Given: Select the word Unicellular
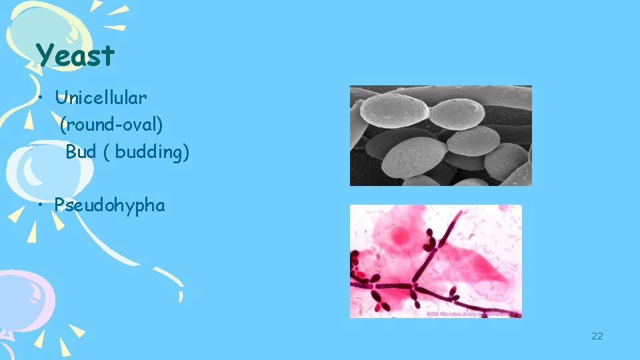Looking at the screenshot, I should [x=101, y=98].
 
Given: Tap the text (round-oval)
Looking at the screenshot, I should [x=111, y=125].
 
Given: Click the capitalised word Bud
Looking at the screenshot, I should [x=81, y=152].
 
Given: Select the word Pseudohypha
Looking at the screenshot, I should [x=110, y=205].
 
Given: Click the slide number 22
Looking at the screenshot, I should [x=597, y=335].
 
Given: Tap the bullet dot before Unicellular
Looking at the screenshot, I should [x=41, y=99].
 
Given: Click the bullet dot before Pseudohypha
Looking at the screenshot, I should [x=41, y=205].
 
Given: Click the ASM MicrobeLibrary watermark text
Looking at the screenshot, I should [x=473, y=313].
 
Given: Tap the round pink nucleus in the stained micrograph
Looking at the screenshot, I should [x=400, y=235].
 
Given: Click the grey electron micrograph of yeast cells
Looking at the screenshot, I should [x=441, y=135].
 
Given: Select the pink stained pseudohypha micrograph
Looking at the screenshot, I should [x=436, y=261].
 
